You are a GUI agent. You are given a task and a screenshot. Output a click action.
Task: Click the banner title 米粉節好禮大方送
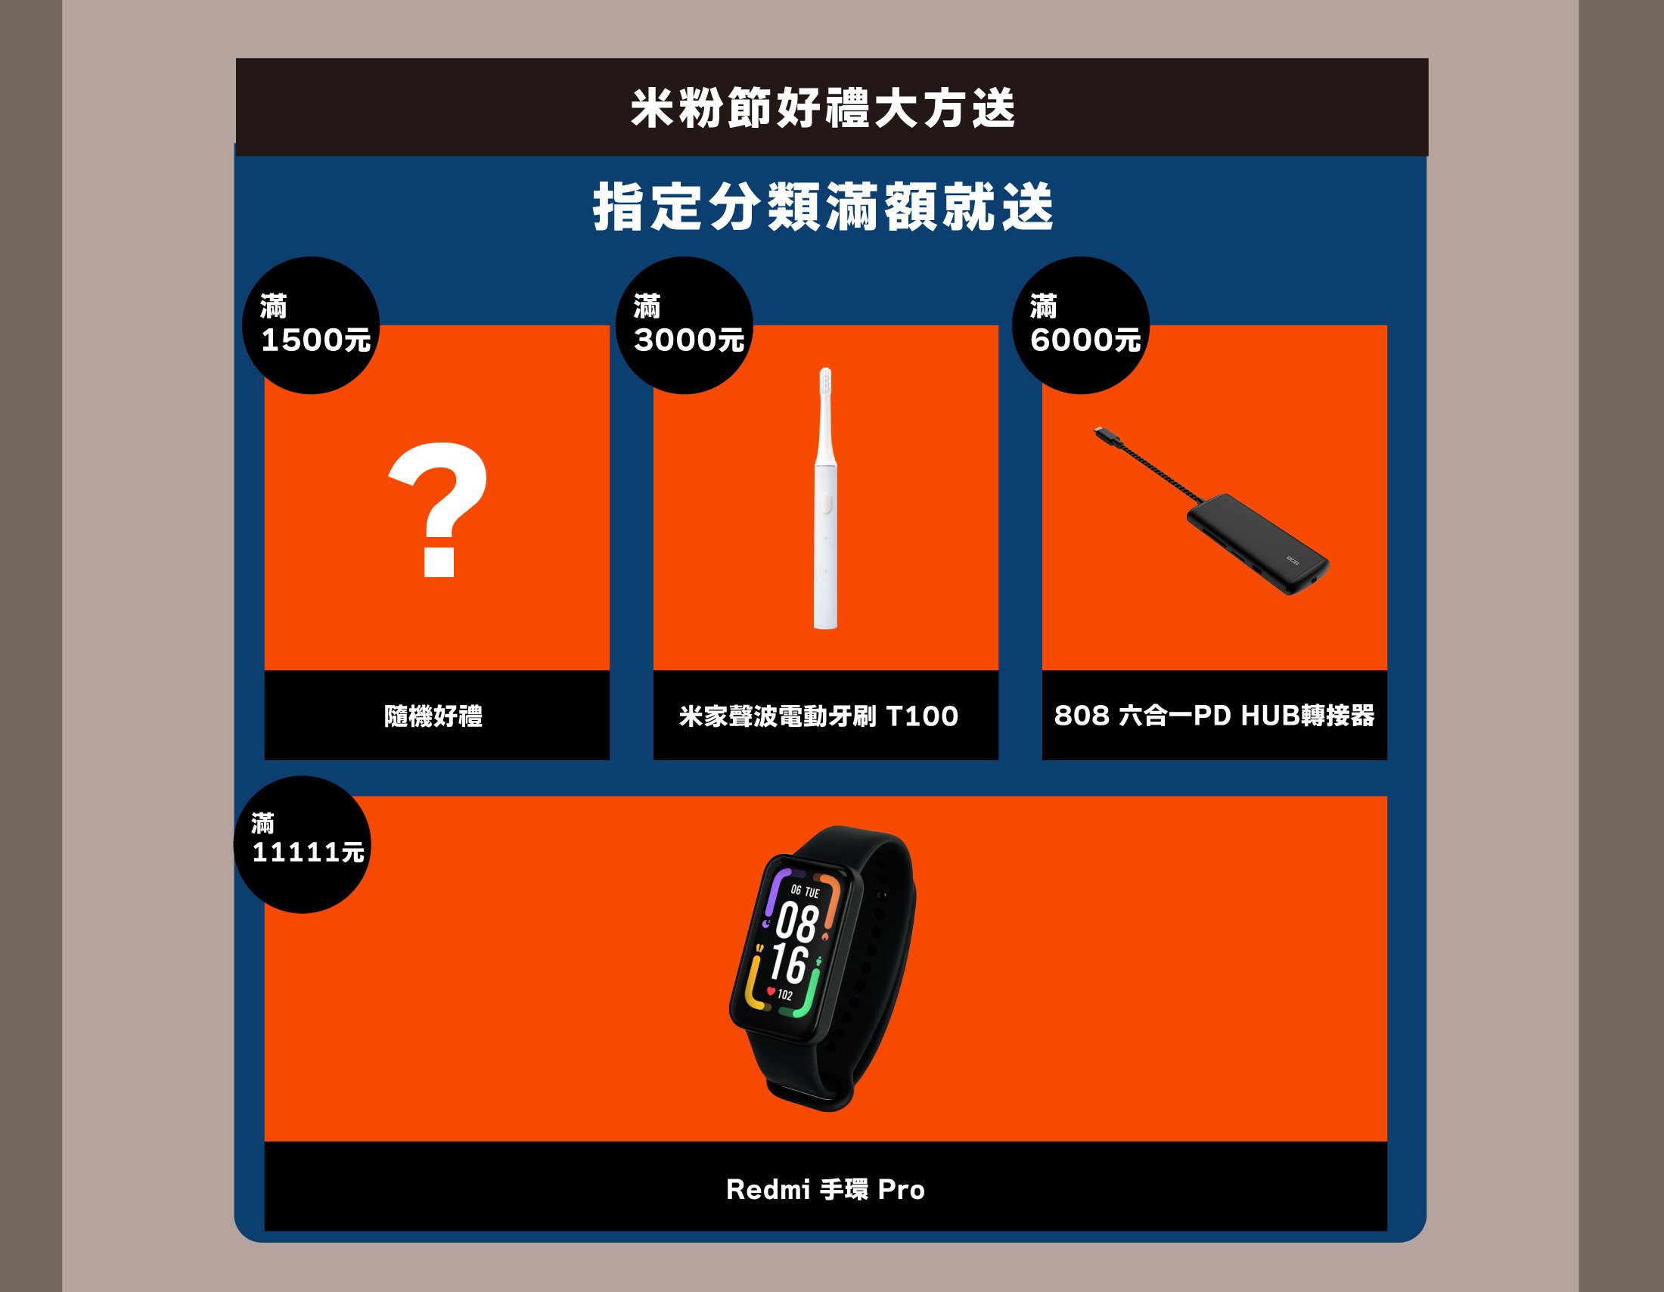tap(823, 107)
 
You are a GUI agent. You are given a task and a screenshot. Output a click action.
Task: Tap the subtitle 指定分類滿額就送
tap(823, 207)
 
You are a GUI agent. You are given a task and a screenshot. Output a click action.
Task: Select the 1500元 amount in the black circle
tap(315, 340)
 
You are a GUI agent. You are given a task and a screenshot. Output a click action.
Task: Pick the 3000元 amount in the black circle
tap(689, 340)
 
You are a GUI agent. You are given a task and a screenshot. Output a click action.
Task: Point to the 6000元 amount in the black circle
tap(1085, 340)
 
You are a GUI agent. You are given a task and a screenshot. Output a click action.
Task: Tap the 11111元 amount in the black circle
tap(308, 852)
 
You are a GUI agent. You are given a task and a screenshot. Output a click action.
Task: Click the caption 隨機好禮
tap(433, 716)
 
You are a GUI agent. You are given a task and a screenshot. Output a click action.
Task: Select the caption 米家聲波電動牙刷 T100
tap(819, 716)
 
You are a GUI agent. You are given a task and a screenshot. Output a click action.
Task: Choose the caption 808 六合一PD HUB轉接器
tap(1215, 716)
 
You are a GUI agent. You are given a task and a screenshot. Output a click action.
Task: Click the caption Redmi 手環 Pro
tap(825, 1189)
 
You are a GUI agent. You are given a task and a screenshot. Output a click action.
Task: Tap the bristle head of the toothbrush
tap(825, 381)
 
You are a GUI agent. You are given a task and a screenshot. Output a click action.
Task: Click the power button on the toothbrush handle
tap(826, 505)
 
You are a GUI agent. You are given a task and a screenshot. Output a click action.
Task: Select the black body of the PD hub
tap(1257, 542)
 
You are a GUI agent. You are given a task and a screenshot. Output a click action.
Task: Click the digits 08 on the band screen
tap(797, 922)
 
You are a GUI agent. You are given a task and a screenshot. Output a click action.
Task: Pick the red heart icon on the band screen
tap(771, 991)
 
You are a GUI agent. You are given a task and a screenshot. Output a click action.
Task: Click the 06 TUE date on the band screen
tap(805, 890)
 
